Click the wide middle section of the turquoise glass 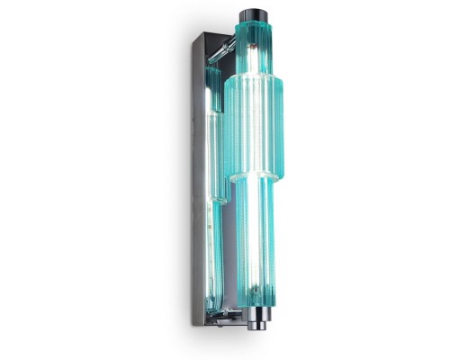(254, 126)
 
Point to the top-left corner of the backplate (192, 37)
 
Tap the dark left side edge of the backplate (197, 180)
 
